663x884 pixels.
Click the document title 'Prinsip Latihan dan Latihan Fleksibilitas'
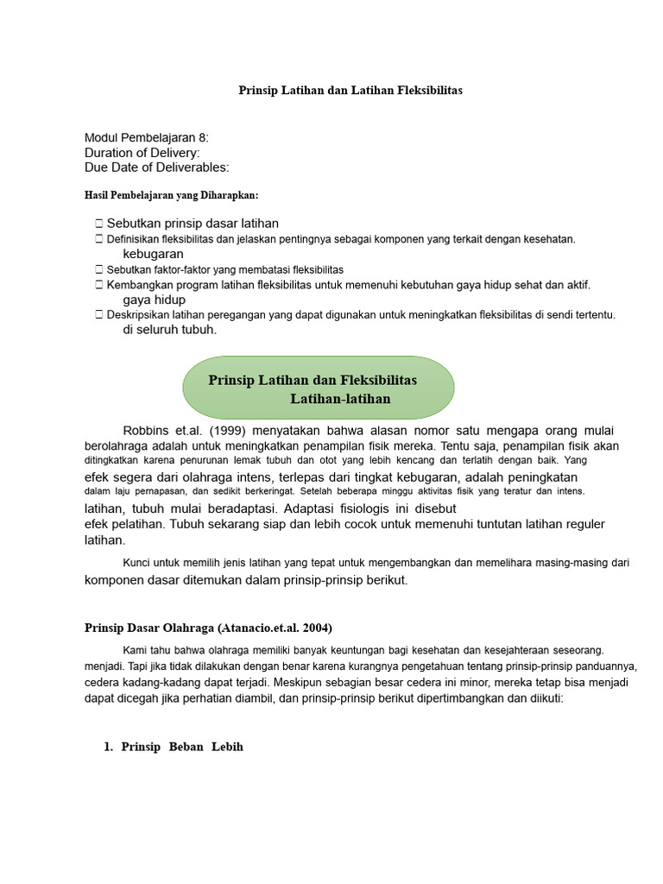tap(350, 91)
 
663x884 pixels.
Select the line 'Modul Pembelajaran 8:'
tap(147, 138)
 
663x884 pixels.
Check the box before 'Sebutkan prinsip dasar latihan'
tap(100, 224)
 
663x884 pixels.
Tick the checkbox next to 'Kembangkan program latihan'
tap(100, 284)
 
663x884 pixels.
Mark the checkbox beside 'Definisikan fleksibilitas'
tap(100, 239)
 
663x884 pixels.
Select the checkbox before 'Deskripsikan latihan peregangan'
tap(100, 315)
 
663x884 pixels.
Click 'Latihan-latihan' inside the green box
tap(340, 399)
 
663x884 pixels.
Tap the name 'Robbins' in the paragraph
tap(145, 431)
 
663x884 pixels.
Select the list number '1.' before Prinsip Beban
tap(109, 747)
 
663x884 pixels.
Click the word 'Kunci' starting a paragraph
tap(138, 563)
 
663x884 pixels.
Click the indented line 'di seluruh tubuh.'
tap(170, 330)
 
